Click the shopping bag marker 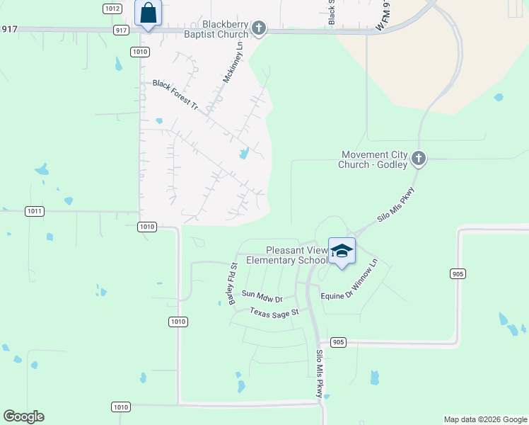(x=148, y=13)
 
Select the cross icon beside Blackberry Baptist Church (x=260, y=28)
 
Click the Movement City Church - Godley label (x=374, y=159)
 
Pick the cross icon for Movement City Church (x=419, y=158)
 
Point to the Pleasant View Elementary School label (x=287, y=255)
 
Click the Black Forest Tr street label (x=175, y=93)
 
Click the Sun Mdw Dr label (x=262, y=295)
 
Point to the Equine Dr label (x=337, y=296)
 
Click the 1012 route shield (x=111, y=8)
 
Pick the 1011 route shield (x=34, y=211)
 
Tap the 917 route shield (x=121, y=30)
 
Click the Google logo (x=23, y=416)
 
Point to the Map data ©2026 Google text (x=484, y=419)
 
